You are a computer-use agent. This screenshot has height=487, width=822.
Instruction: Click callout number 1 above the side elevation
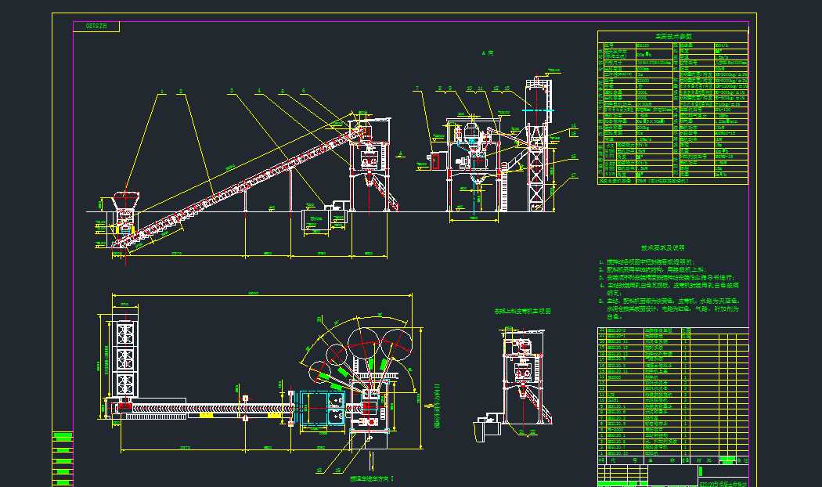point(163,92)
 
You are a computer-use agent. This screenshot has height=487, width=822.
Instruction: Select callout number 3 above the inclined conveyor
point(232,91)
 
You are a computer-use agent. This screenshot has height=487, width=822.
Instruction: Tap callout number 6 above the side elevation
point(303,91)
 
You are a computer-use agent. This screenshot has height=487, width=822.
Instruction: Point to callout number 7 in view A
point(418,88)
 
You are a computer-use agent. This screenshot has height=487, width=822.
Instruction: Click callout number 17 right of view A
point(573,175)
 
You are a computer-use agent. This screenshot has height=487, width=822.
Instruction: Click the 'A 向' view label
point(488,53)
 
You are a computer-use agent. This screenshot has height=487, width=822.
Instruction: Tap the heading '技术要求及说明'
point(662,247)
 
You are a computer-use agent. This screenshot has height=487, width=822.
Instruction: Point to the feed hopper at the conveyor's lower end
point(124,200)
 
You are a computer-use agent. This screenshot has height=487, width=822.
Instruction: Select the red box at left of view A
point(434,160)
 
